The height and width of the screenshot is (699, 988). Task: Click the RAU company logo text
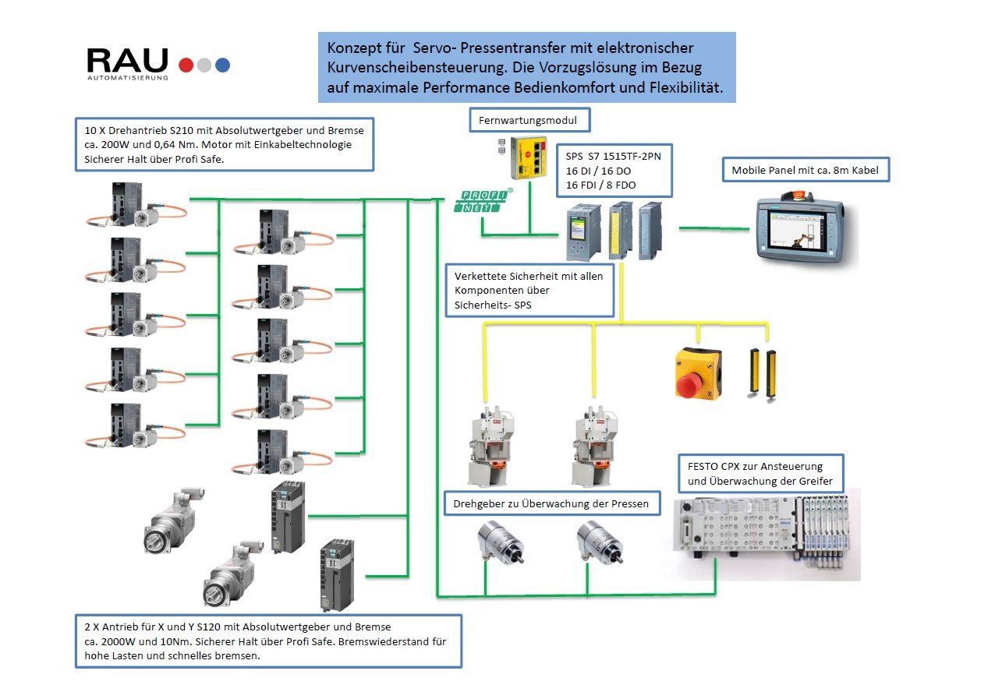coord(127,61)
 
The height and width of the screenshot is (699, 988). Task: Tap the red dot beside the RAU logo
coord(186,65)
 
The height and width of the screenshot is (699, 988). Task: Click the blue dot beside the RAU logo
coord(223,65)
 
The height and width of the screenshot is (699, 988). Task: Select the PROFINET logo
coord(483,201)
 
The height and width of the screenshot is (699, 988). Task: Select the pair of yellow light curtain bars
coord(763,373)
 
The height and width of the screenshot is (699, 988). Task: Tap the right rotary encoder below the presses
coord(599,542)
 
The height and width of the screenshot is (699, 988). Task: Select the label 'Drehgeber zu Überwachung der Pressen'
coord(551,503)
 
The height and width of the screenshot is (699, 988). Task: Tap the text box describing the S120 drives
coord(267,641)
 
